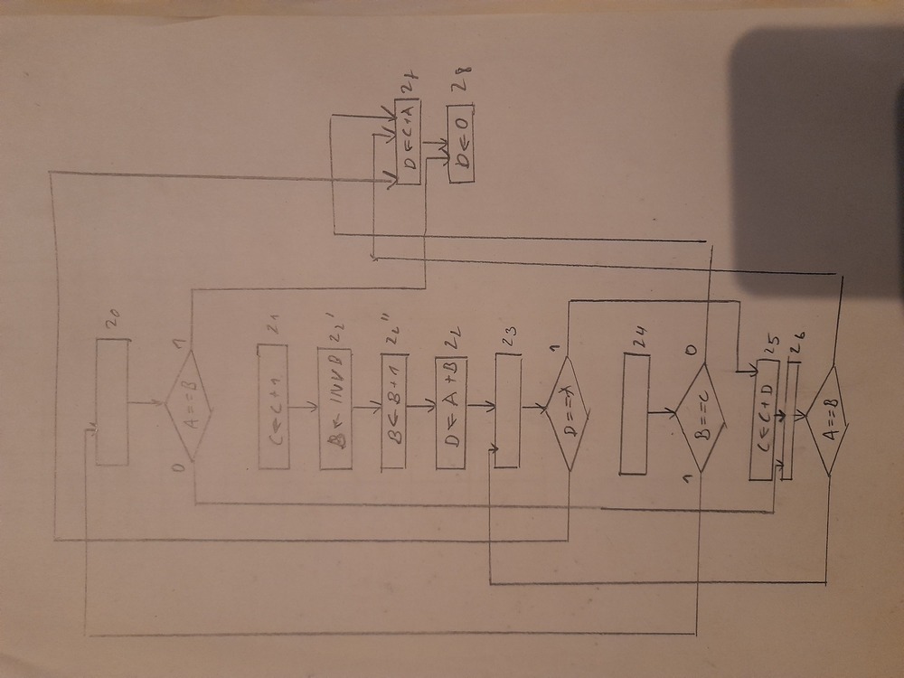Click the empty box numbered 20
point(112,401)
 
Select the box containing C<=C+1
point(274,406)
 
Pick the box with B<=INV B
point(334,408)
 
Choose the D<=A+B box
point(450,411)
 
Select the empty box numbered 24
point(636,414)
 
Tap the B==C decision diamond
point(700,418)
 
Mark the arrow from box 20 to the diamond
point(147,401)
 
